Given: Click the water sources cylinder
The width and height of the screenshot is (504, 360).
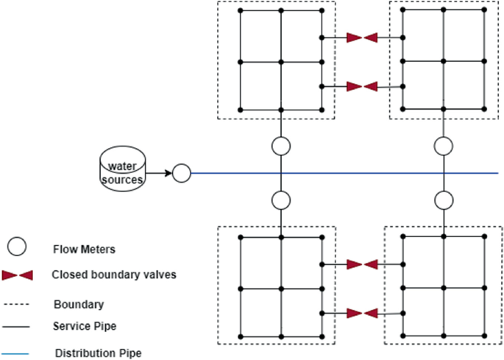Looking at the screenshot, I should pyautogui.click(x=122, y=168).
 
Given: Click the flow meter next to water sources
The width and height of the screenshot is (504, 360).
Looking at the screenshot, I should pyautogui.click(x=181, y=174).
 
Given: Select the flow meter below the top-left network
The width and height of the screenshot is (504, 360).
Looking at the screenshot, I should pyautogui.click(x=281, y=145).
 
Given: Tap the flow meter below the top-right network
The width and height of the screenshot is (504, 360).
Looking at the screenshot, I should pyautogui.click(x=443, y=145).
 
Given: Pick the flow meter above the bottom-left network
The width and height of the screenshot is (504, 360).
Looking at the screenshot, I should pyautogui.click(x=281, y=200).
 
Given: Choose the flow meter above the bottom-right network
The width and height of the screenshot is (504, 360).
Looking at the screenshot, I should pyautogui.click(x=443, y=200).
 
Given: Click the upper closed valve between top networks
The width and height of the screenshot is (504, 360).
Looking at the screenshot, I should pyautogui.click(x=362, y=37).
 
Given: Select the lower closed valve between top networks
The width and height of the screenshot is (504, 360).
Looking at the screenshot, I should pyautogui.click(x=362, y=87).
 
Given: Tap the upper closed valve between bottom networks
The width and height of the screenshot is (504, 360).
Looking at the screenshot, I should pyautogui.click(x=362, y=264).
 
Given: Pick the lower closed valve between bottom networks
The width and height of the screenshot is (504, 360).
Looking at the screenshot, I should pyautogui.click(x=362, y=314).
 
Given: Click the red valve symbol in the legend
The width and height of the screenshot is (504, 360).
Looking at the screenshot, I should pyautogui.click(x=18, y=275).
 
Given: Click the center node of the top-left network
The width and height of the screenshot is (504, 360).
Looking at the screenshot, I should pyautogui.click(x=281, y=61).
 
